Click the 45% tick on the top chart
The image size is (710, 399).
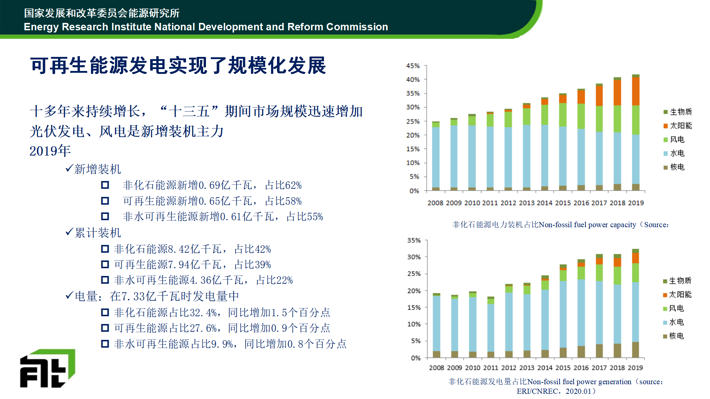(x=413, y=66)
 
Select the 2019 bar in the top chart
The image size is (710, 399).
(x=636, y=133)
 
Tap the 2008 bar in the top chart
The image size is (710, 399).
(x=436, y=156)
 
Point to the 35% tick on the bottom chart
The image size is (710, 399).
(x=414, y=241)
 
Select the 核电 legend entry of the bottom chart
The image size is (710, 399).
(x=676, y=336)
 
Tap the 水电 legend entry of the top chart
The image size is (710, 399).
(x=677, y=153)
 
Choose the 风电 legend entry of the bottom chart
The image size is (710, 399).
(x=676, y=308)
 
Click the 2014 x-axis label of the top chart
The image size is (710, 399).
(x=544, y=203)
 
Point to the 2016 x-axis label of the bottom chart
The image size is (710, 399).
(x=581, y=368)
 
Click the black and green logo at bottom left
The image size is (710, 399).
(x=47, y=368)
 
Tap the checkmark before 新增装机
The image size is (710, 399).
(x=69, y=168)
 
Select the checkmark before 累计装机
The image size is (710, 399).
(x=69, y=232)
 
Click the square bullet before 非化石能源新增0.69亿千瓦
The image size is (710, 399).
(x=105, y=185)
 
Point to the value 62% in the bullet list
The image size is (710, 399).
(x=293, y=185)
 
